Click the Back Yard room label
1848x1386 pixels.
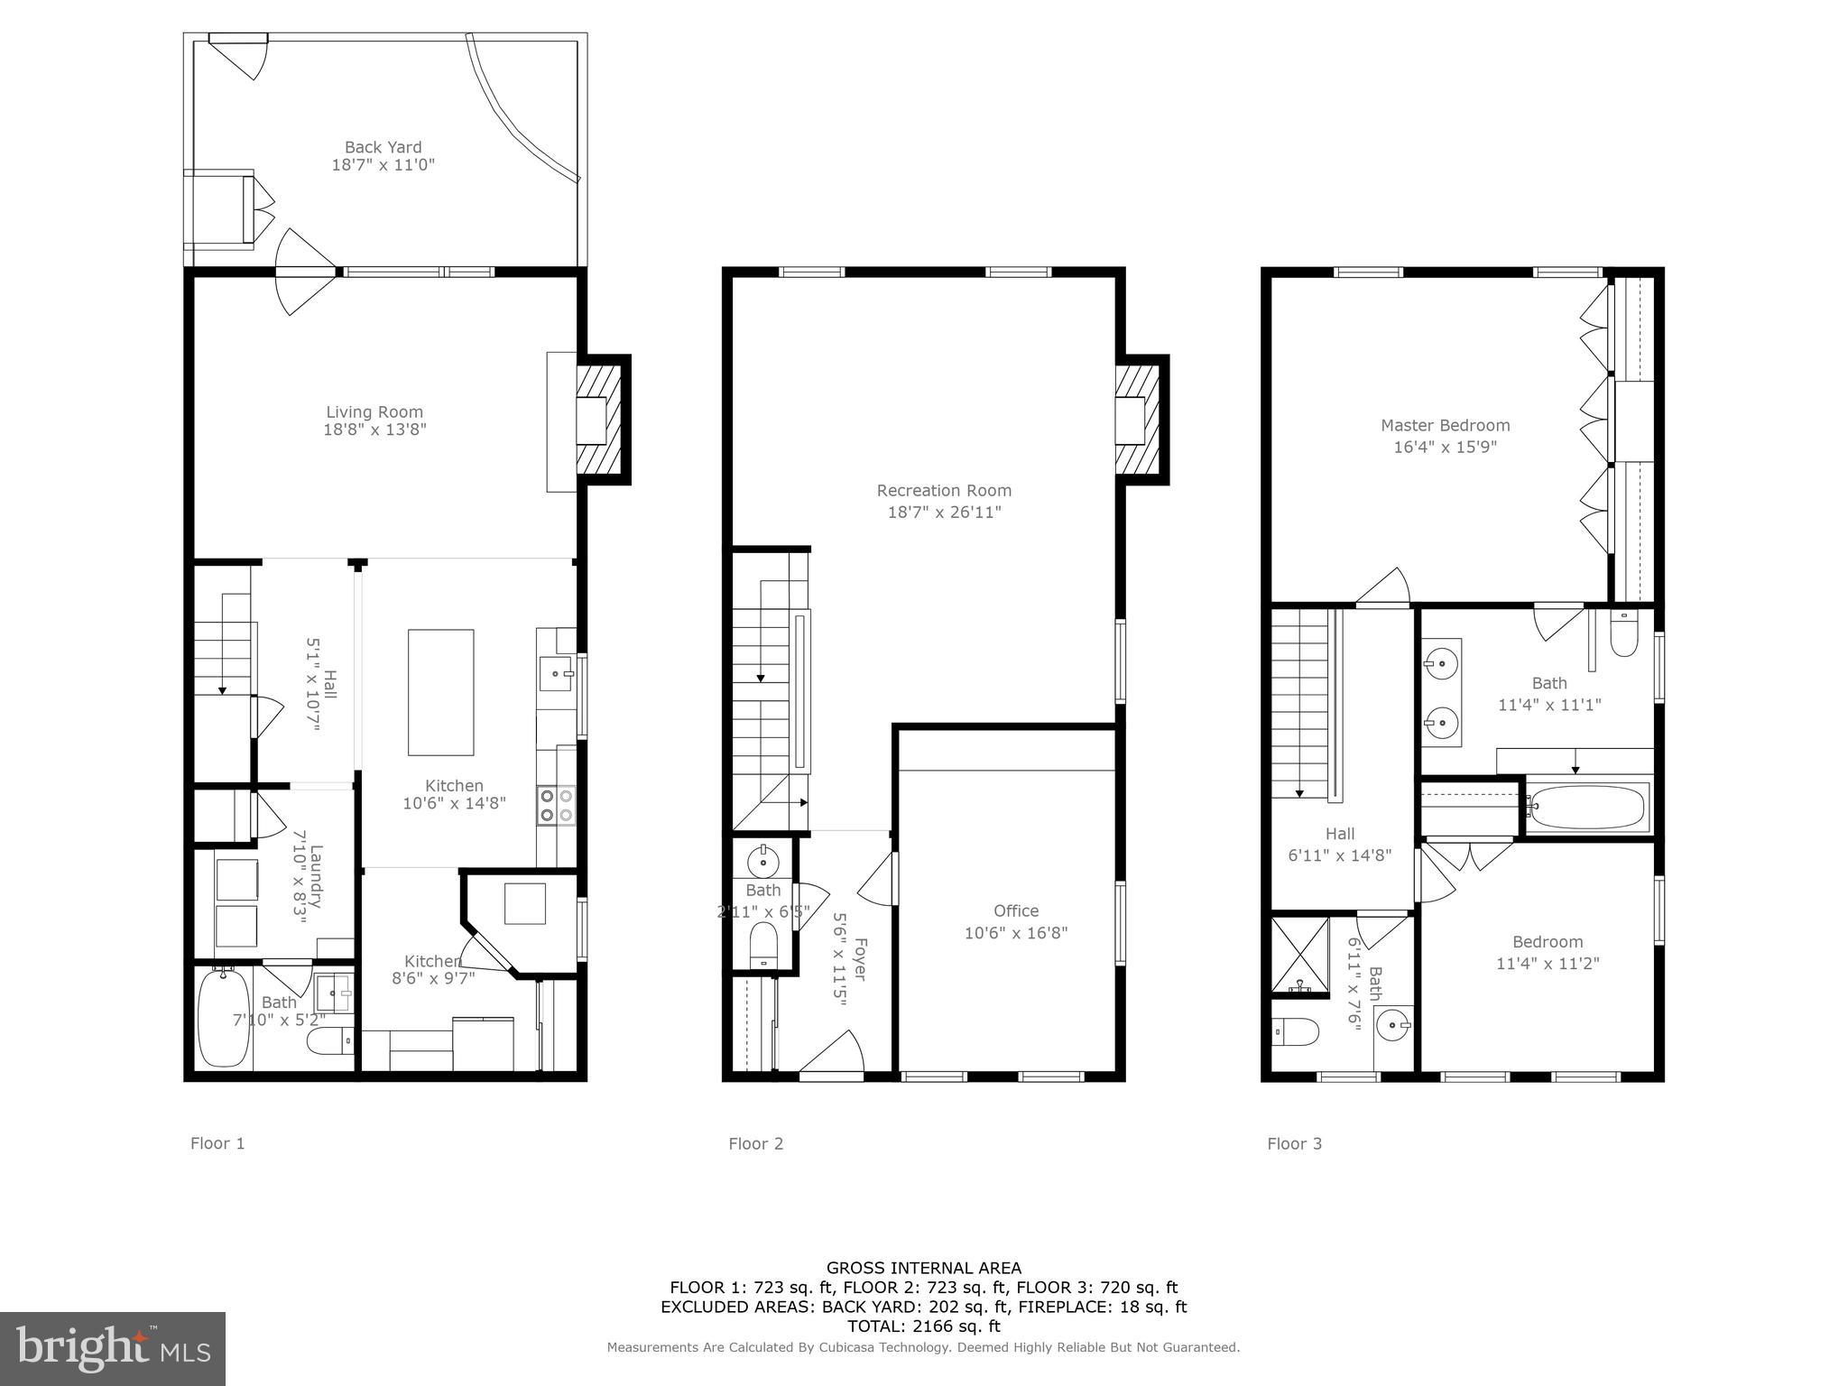coord(383,147)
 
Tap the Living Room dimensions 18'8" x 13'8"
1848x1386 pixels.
coord(374,430)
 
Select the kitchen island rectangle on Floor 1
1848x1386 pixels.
coord(440,692)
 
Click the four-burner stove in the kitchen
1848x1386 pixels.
coord(556,805)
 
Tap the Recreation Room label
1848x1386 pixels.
coord(944,491)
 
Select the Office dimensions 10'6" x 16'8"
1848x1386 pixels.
coord(1016,933)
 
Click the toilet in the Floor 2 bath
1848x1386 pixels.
coord(763,944)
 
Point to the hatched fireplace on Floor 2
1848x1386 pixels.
coord(1139,420)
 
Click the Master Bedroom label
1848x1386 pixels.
coord(1445,426)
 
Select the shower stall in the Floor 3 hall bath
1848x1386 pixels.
coord(1299,955)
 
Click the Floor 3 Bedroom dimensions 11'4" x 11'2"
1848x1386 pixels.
coord(1548,964)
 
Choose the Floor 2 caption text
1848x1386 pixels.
coord(756,1144)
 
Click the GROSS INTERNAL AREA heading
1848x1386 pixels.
coord(923,1268)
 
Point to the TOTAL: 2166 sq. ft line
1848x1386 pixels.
coord(923,1326)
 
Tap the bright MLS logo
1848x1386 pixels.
coord(113,1349)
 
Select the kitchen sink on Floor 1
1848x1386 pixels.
coord(556,673)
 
